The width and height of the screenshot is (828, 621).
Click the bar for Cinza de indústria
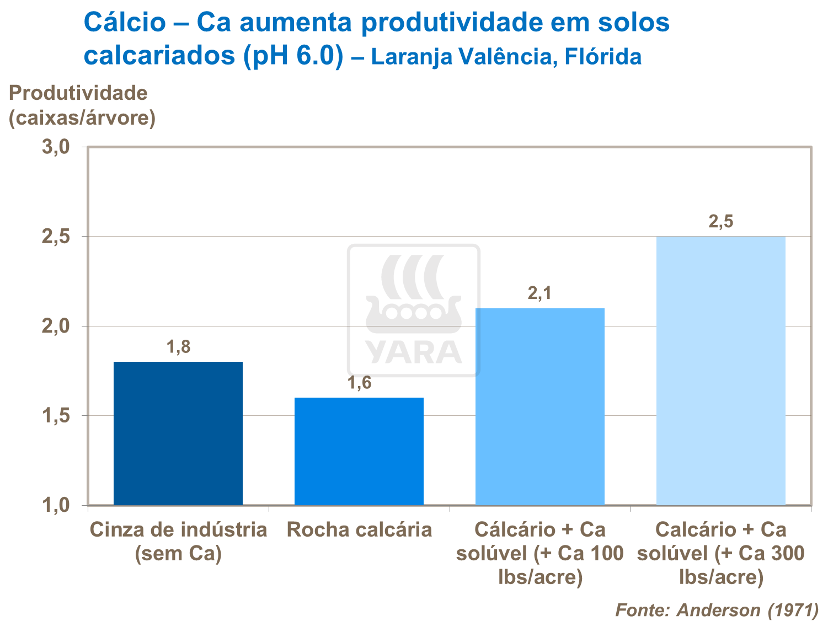[178, 433]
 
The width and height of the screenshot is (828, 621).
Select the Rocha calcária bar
[359, 451]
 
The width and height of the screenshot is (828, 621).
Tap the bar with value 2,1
[539, 406]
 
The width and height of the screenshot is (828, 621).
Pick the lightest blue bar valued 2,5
[720, 371]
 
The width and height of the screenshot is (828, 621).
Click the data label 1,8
[178, 347]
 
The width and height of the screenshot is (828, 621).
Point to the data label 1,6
[359, 383]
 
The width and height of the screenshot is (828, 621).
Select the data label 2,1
[539, 293]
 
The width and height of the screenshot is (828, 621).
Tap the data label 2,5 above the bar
[720, 222]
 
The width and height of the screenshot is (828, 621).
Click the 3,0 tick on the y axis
[56, 147]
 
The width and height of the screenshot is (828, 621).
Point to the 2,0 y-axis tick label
[56, 326]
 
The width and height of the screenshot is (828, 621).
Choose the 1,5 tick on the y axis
[56, 416]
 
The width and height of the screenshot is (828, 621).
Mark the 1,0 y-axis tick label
[56, 505]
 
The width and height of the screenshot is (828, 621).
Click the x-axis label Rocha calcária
[359, 530]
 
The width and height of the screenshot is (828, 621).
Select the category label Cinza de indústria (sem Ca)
[178, 541]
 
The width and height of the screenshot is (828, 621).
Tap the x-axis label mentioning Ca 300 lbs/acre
[720, 553]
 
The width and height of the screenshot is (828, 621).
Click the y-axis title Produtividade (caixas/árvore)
[82, 105]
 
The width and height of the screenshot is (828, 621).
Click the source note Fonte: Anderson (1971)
[717, 610]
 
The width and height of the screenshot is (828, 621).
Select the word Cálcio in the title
[125, 23]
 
